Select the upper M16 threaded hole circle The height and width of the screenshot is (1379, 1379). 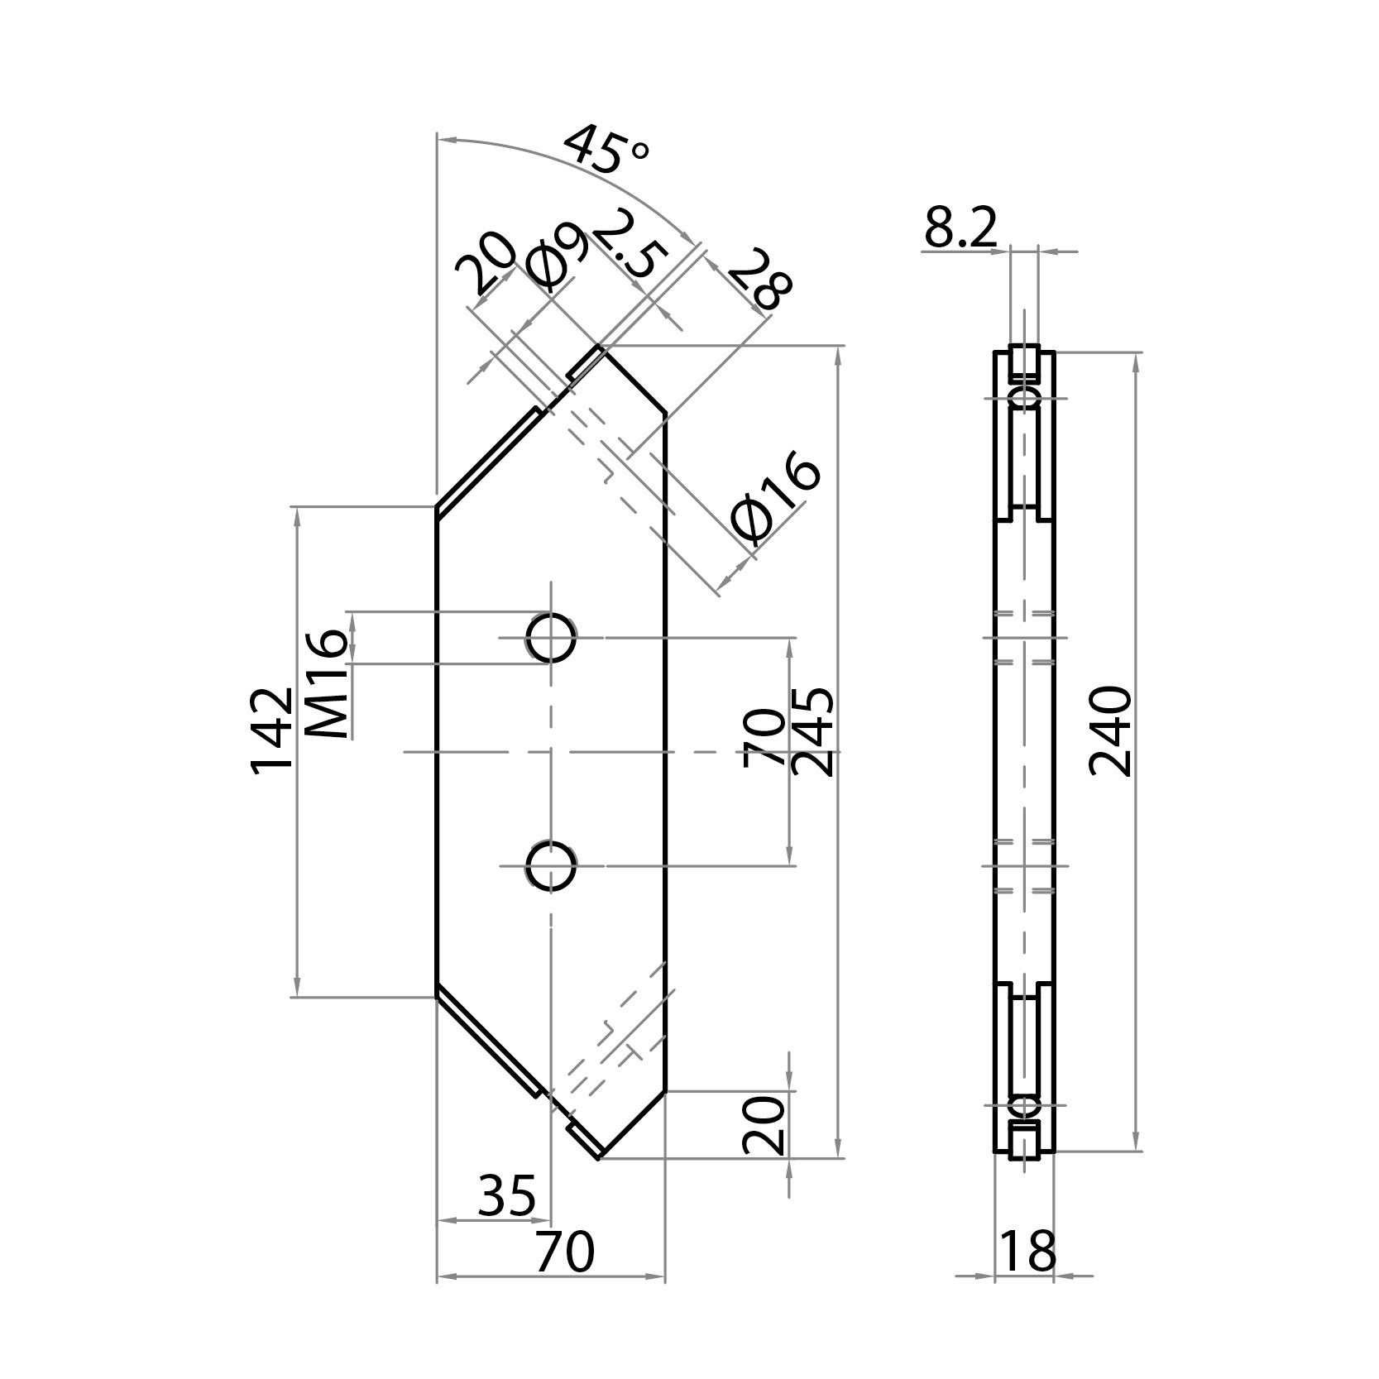coord(552,637)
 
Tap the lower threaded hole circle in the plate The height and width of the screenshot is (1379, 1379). coord(552,866)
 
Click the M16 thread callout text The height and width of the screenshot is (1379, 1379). coord(326,684)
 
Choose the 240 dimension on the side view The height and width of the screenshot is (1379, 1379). coord(1110,731)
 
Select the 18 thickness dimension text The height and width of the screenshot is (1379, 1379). coord(1028,1251)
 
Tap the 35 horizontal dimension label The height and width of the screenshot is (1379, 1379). coord(506,1196)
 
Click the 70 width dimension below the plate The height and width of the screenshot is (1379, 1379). coord(564,1252)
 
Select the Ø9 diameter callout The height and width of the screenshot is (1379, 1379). coord(558,258)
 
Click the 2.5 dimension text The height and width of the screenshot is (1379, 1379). coord(626,246)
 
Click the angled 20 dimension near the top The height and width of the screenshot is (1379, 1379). coord(486,263)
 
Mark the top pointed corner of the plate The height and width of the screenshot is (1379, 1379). coord(601,347)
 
